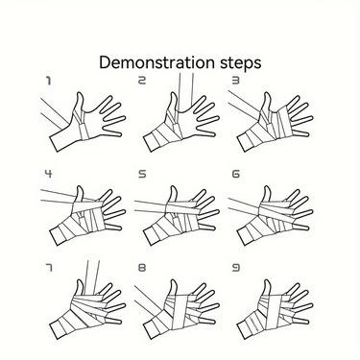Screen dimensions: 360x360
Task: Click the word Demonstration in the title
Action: click(156, 62)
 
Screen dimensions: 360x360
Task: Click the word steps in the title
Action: click(241, 63)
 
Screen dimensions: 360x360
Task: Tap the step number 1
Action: click(48, 81)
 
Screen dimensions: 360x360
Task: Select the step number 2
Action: click(141, 81)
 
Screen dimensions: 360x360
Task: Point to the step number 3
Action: click(235, 81)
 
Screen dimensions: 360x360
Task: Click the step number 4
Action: click(48, 174)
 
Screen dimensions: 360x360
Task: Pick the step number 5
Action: click(142, 174)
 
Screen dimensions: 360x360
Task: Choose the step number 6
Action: click(235, 174)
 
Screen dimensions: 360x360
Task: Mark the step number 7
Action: click(48, 268)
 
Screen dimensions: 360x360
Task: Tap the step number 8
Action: click(142, 268)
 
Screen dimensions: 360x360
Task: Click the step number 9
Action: click(235, 268)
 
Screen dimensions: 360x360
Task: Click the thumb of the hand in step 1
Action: click(79, 104)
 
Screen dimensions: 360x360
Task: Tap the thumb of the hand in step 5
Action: click(173, 195)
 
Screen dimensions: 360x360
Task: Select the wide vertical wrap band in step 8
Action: click(180, 312)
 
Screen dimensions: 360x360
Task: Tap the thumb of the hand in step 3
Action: click(267, 103)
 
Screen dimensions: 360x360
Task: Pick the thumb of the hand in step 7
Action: click(80, 289)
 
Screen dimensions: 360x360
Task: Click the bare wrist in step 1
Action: click(64, 138)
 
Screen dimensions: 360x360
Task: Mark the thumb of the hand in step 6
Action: click(267, 195)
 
